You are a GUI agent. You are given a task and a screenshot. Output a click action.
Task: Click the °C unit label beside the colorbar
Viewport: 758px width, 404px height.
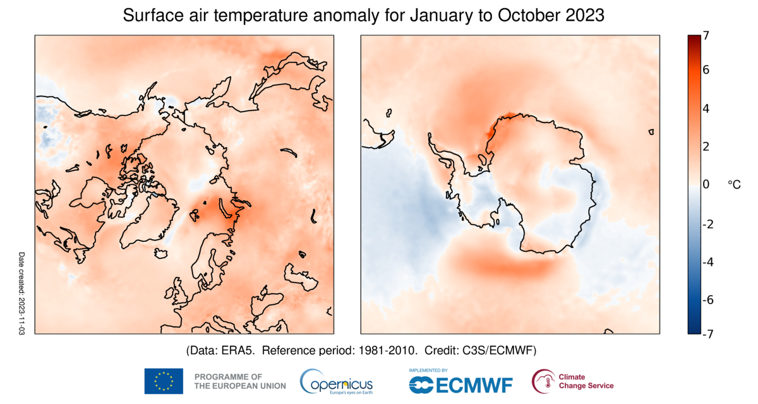coord(735,184)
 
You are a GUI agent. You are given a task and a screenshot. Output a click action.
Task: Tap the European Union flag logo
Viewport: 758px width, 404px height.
coord(164,381)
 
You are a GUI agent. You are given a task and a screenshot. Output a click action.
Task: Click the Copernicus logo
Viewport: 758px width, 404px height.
coord(337,382)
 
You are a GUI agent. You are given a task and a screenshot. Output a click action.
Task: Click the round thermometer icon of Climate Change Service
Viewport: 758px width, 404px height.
coord(543,381)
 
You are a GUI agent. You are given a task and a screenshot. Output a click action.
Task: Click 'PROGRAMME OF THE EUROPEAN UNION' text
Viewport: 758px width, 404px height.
coord(240,381)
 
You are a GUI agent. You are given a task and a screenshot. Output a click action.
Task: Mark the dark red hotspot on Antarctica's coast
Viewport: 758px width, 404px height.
coord(491,130)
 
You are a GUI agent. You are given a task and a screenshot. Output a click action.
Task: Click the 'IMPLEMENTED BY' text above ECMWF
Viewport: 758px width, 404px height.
coord(428,371)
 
